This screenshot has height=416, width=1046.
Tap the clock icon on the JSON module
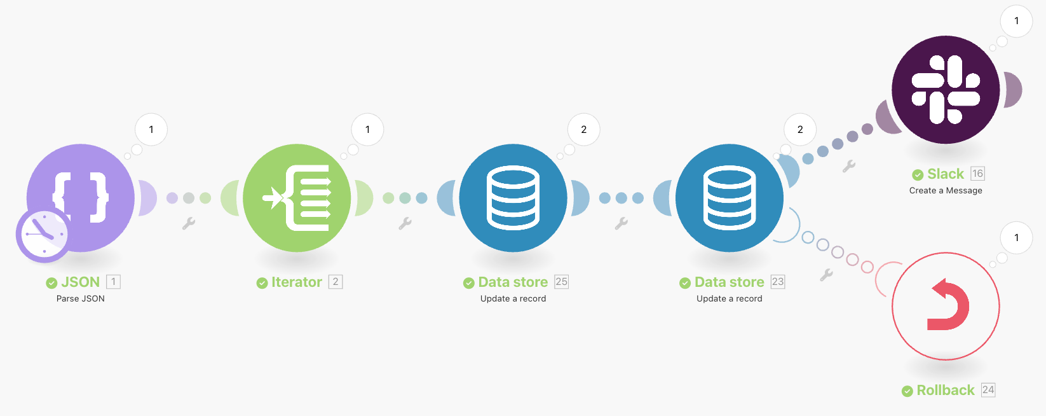[x=43, y=234]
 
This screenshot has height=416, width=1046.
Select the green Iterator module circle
[x=297, y=198]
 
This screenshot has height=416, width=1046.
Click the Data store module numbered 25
[x=513, y=198]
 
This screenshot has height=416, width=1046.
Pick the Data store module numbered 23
[x=729, y=198]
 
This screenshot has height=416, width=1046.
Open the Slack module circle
[x=946, y=90]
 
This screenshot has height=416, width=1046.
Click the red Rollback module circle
[x=946, y=306]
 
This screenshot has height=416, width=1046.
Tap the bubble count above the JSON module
[x=151, y=130]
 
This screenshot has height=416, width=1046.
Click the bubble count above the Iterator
[x=367, y=130]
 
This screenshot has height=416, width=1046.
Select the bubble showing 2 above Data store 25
[x=583, y=130]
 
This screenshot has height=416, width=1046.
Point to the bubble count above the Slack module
[x=1016, y=21]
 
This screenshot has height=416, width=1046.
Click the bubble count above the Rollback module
[x=1016, y=238]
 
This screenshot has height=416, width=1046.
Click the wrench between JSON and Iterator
[x=189, y=223]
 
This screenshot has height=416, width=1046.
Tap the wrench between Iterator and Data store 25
[x=405, y=223]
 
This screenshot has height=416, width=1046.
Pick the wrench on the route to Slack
[x=849, y=166]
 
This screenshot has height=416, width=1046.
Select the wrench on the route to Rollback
[x=826, y=275]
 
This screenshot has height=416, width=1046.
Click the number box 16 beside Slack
[x=977, y=174]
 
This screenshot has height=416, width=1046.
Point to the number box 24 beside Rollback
[x=988, y=390]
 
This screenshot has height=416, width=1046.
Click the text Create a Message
[x=946, y=191]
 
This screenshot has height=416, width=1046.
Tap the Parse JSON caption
[x=81, y=299]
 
